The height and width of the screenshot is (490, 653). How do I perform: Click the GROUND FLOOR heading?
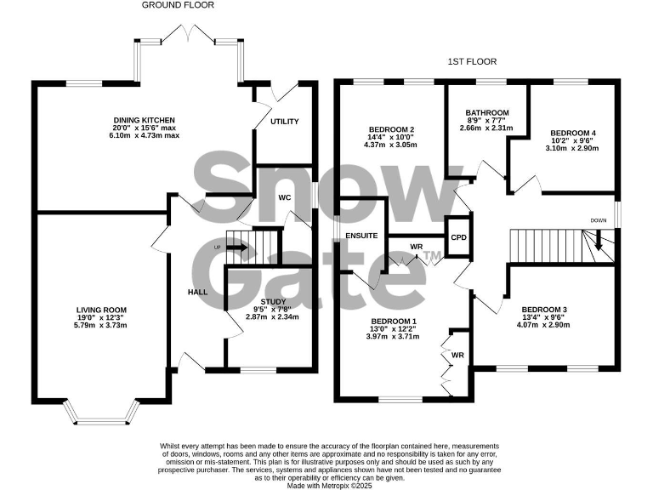(x=178, y=5)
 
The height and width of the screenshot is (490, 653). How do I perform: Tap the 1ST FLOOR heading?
(x=472, y=62)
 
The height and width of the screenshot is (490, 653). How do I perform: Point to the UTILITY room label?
(x=284, y=122)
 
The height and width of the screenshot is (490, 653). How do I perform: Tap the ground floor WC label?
(x=285, y=197)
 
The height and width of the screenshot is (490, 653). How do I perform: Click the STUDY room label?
(x=273, y=300)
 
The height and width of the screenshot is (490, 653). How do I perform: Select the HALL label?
(x=197, y=292)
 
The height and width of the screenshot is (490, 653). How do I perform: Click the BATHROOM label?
(x=487, y=112)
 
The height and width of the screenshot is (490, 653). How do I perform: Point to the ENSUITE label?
(x=361, y=235)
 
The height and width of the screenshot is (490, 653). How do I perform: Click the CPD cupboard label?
(x=458, y=237)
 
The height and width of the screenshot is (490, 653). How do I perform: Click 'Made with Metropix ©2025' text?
(x=326, y=484)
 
